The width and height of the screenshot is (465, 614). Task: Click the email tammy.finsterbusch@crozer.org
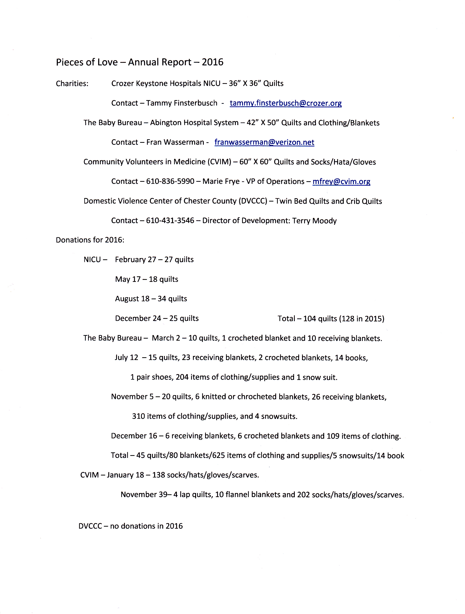(x=285, y=103)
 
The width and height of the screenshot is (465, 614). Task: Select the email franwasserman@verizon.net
(x=264, y=142)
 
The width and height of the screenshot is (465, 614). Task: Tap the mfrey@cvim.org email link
(x=341, y=182)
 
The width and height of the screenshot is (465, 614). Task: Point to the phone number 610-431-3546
(x=170, y=221)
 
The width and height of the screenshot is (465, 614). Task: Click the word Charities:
(x=72, y=83)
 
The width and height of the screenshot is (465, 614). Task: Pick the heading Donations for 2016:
(x=90, y=240)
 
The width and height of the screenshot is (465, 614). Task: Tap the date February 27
(x=135, y=260)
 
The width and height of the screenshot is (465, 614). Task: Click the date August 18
(x=132, y=299)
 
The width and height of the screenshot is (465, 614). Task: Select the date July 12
(x=126, y=357)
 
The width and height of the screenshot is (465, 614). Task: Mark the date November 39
(x=144, y=495)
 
